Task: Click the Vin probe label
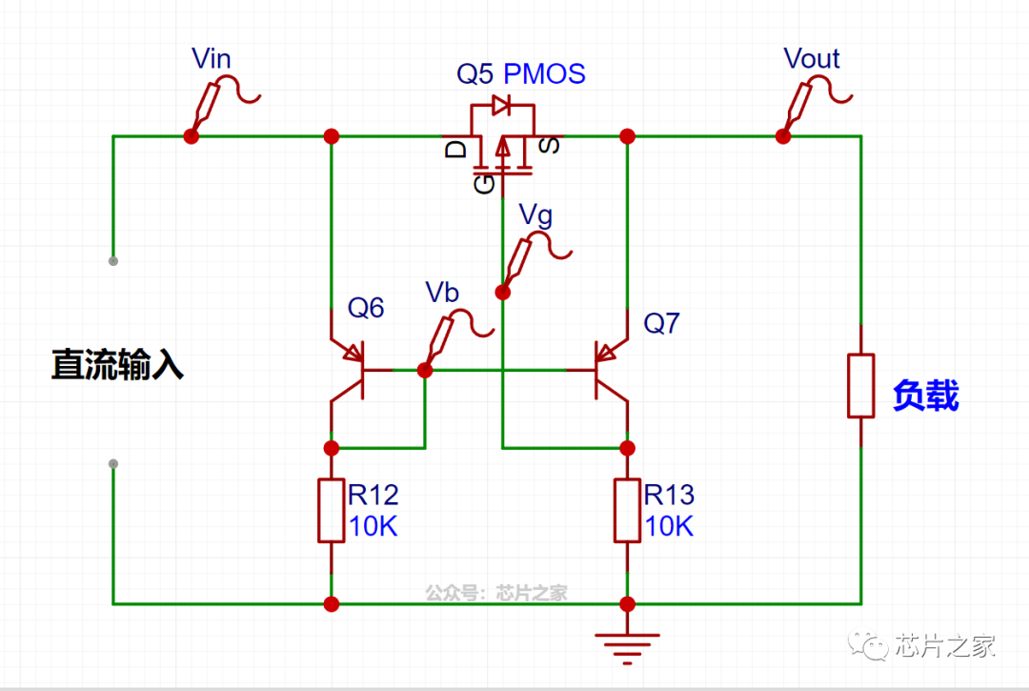211,58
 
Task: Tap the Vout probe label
811,58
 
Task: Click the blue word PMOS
544,73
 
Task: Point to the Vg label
535,215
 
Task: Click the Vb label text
441,293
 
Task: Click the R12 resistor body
332,511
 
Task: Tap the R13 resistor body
627,511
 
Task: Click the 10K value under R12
373,525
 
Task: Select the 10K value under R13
669,525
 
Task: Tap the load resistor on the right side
860,385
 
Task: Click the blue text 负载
925,396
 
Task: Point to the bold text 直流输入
117,365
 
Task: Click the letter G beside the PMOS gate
484,182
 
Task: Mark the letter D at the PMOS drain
457,148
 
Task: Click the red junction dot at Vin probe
191,136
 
